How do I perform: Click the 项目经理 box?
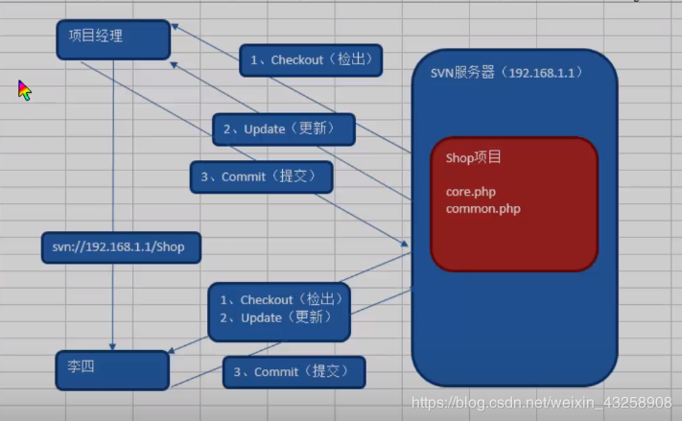pos(113,39)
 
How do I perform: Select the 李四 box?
pos(112,370)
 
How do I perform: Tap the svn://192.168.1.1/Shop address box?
pos(121,247)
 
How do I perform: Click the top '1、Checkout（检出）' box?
pos(311,60)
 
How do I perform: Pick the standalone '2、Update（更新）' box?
pos(284,129)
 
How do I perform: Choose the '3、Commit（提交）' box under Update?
pos(262,177)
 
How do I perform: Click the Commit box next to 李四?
pos(294,372)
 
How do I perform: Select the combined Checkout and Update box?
pos(279,312)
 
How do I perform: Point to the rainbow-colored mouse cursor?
pos(24,90)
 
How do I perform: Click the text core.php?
pos(471,192)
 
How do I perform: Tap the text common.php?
pos(482,209)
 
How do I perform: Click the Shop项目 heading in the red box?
pos(473,157)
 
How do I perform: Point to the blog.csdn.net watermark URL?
pos(542,403)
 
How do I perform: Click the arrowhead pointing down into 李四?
pos(112,346)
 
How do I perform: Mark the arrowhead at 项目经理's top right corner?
pos(175,27)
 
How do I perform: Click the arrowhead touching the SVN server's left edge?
pos(404,244)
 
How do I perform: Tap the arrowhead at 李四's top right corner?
pos(172,351)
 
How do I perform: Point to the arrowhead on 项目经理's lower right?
pos(174,65)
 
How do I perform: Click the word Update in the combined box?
pos(262,318)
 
